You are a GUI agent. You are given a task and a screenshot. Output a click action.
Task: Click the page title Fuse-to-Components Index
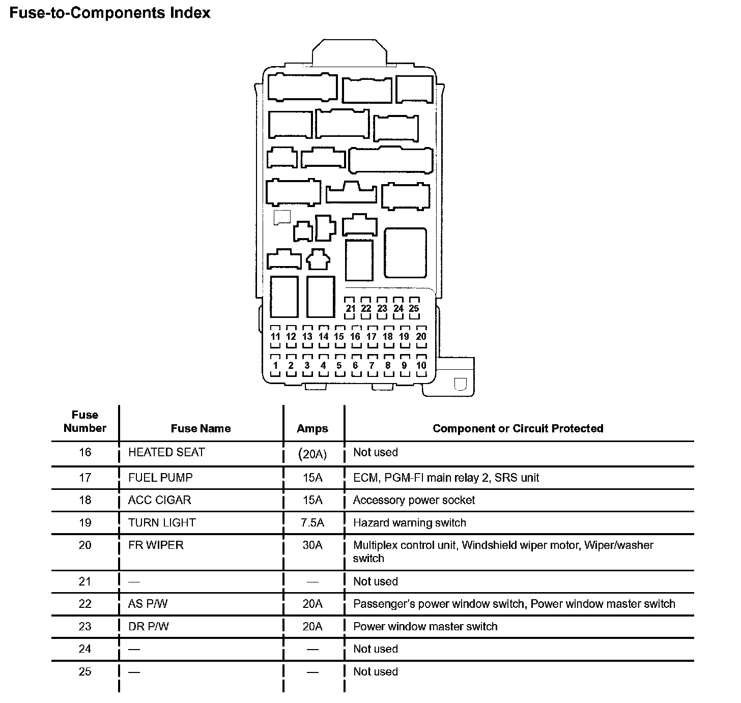(110, 13)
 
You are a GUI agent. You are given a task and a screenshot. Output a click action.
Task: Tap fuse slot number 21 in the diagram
(350, 308)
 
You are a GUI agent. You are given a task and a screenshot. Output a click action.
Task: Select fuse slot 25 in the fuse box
(414, 308)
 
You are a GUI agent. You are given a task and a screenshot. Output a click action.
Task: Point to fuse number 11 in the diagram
(275, 336)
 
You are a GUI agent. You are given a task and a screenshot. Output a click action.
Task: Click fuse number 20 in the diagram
(421, 336)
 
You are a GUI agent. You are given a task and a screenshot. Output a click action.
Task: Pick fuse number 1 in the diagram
(275, 365)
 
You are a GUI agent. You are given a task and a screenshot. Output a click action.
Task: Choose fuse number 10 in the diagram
(421, 365)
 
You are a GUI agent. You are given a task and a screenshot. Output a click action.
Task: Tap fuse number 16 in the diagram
(355, 336)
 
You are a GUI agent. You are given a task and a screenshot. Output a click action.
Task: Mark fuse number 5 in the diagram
(339, 365)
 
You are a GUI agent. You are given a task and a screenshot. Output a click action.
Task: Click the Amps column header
(312, 429)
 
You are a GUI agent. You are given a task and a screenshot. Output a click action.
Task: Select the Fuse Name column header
(201, 429)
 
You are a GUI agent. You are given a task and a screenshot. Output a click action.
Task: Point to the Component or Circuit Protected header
(518, 429)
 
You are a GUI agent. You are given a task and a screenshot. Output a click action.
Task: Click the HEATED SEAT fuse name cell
(166, 453)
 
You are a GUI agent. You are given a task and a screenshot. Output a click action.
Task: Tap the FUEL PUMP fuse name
(160, 478)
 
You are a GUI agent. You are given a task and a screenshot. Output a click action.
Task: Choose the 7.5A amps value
(312, 523)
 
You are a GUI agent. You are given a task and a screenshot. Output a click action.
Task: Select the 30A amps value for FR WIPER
(312, 545)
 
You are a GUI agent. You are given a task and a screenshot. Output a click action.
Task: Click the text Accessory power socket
(414, 501)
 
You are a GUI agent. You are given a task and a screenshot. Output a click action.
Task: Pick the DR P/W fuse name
(149, 627)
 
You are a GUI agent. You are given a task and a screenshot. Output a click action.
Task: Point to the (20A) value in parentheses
(312, 454)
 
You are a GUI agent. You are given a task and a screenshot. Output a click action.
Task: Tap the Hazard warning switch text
(409, 523)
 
